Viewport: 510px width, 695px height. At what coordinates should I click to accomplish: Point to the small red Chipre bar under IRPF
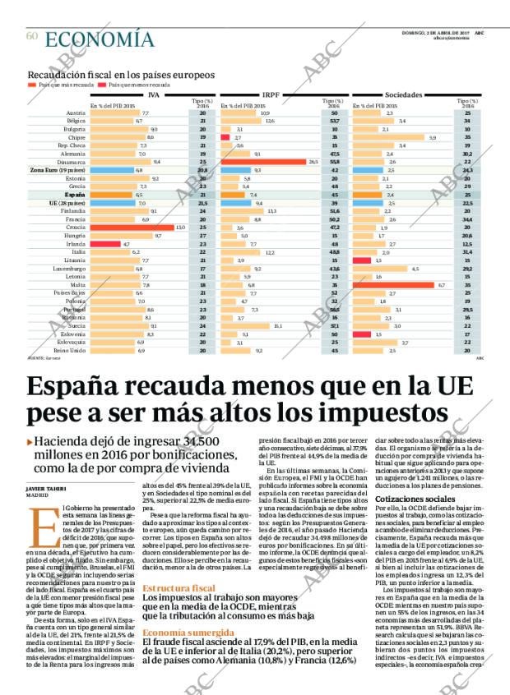click(x=225, y=137)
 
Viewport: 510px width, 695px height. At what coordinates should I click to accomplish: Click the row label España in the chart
click(x=75, y=195)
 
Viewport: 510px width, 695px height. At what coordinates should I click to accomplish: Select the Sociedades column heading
click(x=403, y=95)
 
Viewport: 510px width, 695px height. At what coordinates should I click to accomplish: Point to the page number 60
click(x=32, y=36)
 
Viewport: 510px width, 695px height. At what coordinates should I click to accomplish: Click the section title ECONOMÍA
click(x=99, y=39)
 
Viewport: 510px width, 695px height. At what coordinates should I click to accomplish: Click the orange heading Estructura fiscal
click(x=178, y=588)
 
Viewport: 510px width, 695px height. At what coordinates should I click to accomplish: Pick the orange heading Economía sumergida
click(x=188, y=633)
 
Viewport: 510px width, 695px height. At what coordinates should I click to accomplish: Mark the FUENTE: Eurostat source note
click(x=44, y=358)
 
